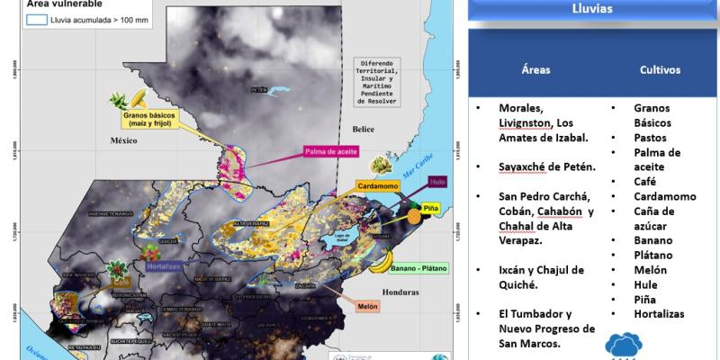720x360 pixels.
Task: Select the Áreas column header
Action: click(x=535, y=69)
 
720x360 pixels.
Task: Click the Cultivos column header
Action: click(x=660, y=69)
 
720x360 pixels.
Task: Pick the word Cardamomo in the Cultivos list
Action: click(x=664, y=196)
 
